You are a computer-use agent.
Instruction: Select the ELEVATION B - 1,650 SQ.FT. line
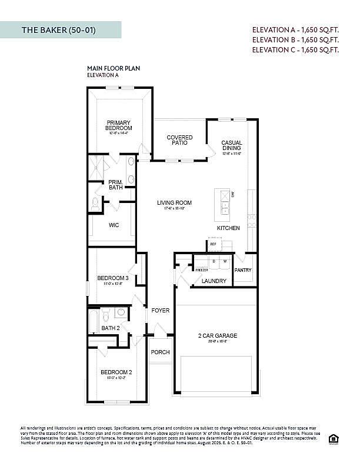[x=295, y=39]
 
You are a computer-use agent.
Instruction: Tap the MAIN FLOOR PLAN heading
[x=114, y=68]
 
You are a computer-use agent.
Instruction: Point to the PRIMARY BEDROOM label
[x=119, y=125]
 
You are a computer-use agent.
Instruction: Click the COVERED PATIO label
[x=179, y=140]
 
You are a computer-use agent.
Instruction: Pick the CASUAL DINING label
[x=232, y=146]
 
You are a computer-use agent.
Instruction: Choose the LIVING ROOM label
[x=174, y=203]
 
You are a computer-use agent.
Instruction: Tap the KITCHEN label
[x=228, y=228]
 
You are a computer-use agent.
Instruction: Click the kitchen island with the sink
[x=225, y=203]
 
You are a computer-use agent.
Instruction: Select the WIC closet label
[x=114, y=225]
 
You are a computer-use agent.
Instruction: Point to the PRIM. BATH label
[x=115, y=185]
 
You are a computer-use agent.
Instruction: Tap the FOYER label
[x=161, y=310]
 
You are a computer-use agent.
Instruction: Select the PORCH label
[x=160, y=352]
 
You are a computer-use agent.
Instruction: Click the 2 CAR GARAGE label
[x=217, y=336]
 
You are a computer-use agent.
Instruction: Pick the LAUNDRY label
[x=214, y=281]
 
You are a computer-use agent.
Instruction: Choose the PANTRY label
[x=243, y=270]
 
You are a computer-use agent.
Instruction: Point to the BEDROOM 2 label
[x=116, y=372]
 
